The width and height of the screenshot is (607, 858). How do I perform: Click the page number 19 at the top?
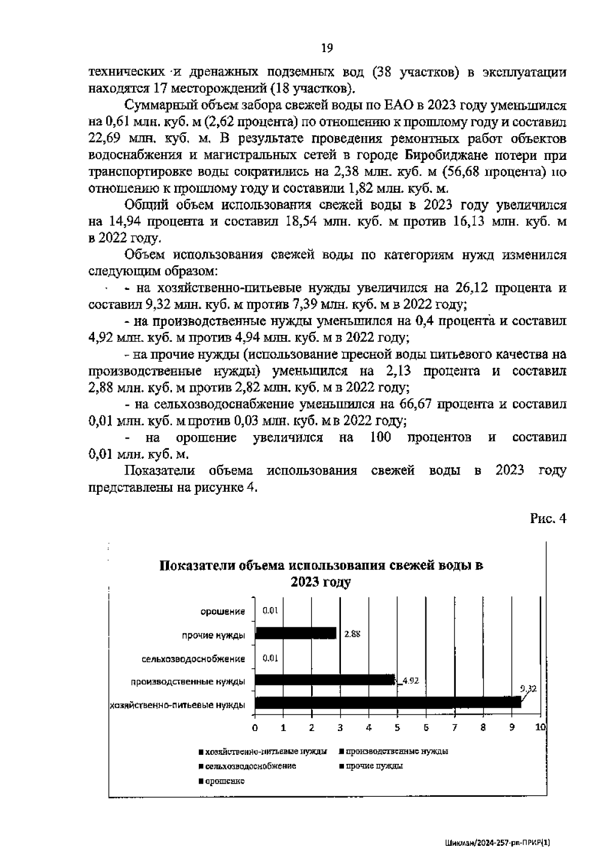(x=326, y=49)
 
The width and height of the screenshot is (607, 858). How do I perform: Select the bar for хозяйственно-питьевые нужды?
(x=387, y=702)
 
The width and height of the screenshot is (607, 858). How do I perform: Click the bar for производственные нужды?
(x=324, y=679)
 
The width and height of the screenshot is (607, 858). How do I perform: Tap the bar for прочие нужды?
(x=296, y=633)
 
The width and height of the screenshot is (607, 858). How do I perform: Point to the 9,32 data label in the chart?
(x=528, y=689)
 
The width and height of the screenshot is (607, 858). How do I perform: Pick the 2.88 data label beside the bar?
(x=352, y=634)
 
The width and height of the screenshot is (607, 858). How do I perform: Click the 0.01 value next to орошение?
(x=271, y=611)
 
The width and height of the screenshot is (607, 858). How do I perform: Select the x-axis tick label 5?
(x=398, y=727)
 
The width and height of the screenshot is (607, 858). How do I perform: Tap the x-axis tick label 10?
(x=540, y=727)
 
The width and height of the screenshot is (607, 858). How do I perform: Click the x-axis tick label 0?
(x=255, y=727)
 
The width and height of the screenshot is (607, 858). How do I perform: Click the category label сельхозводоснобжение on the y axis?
(x=193, y=659)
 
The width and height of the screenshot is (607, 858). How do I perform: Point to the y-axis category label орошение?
(x=223, y=612)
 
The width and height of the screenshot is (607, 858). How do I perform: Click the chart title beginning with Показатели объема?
(x=321, y=573)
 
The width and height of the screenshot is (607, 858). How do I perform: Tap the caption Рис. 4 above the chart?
(x=548, y=518)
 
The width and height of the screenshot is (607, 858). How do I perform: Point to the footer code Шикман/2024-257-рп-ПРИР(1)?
(x=498, y=843)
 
